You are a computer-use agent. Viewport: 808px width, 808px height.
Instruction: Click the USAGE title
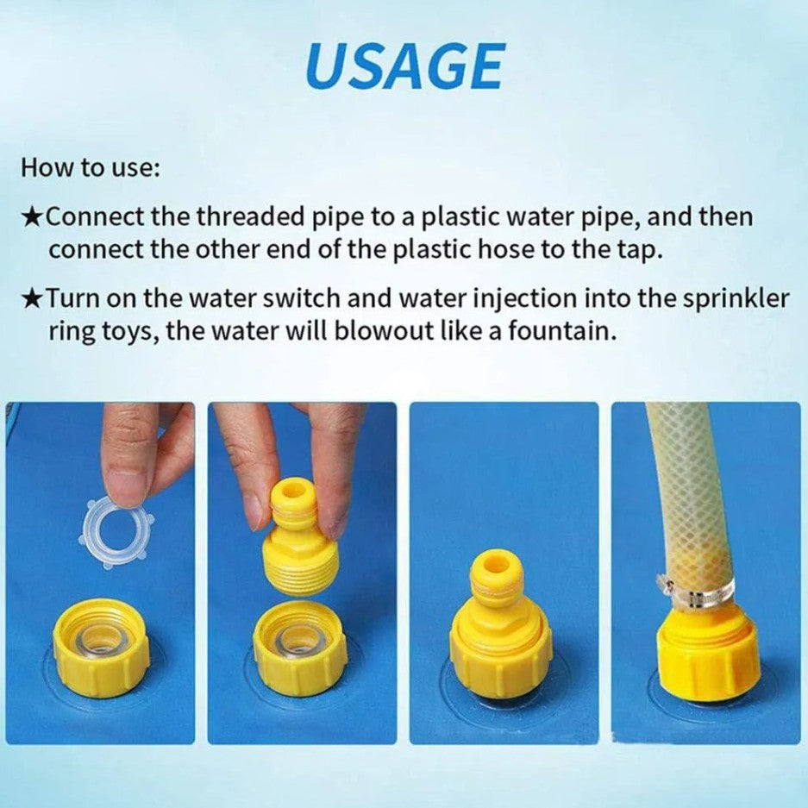(x=404, y=66)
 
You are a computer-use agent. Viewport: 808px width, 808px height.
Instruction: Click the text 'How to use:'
(x=91, y=167)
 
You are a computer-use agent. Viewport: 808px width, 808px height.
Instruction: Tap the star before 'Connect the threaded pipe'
(x=32, y=217)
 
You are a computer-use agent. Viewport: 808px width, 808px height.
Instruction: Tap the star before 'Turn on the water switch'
(x=32, y=299)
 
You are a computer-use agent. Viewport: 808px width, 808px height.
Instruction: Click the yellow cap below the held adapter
(x=299, y=648)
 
